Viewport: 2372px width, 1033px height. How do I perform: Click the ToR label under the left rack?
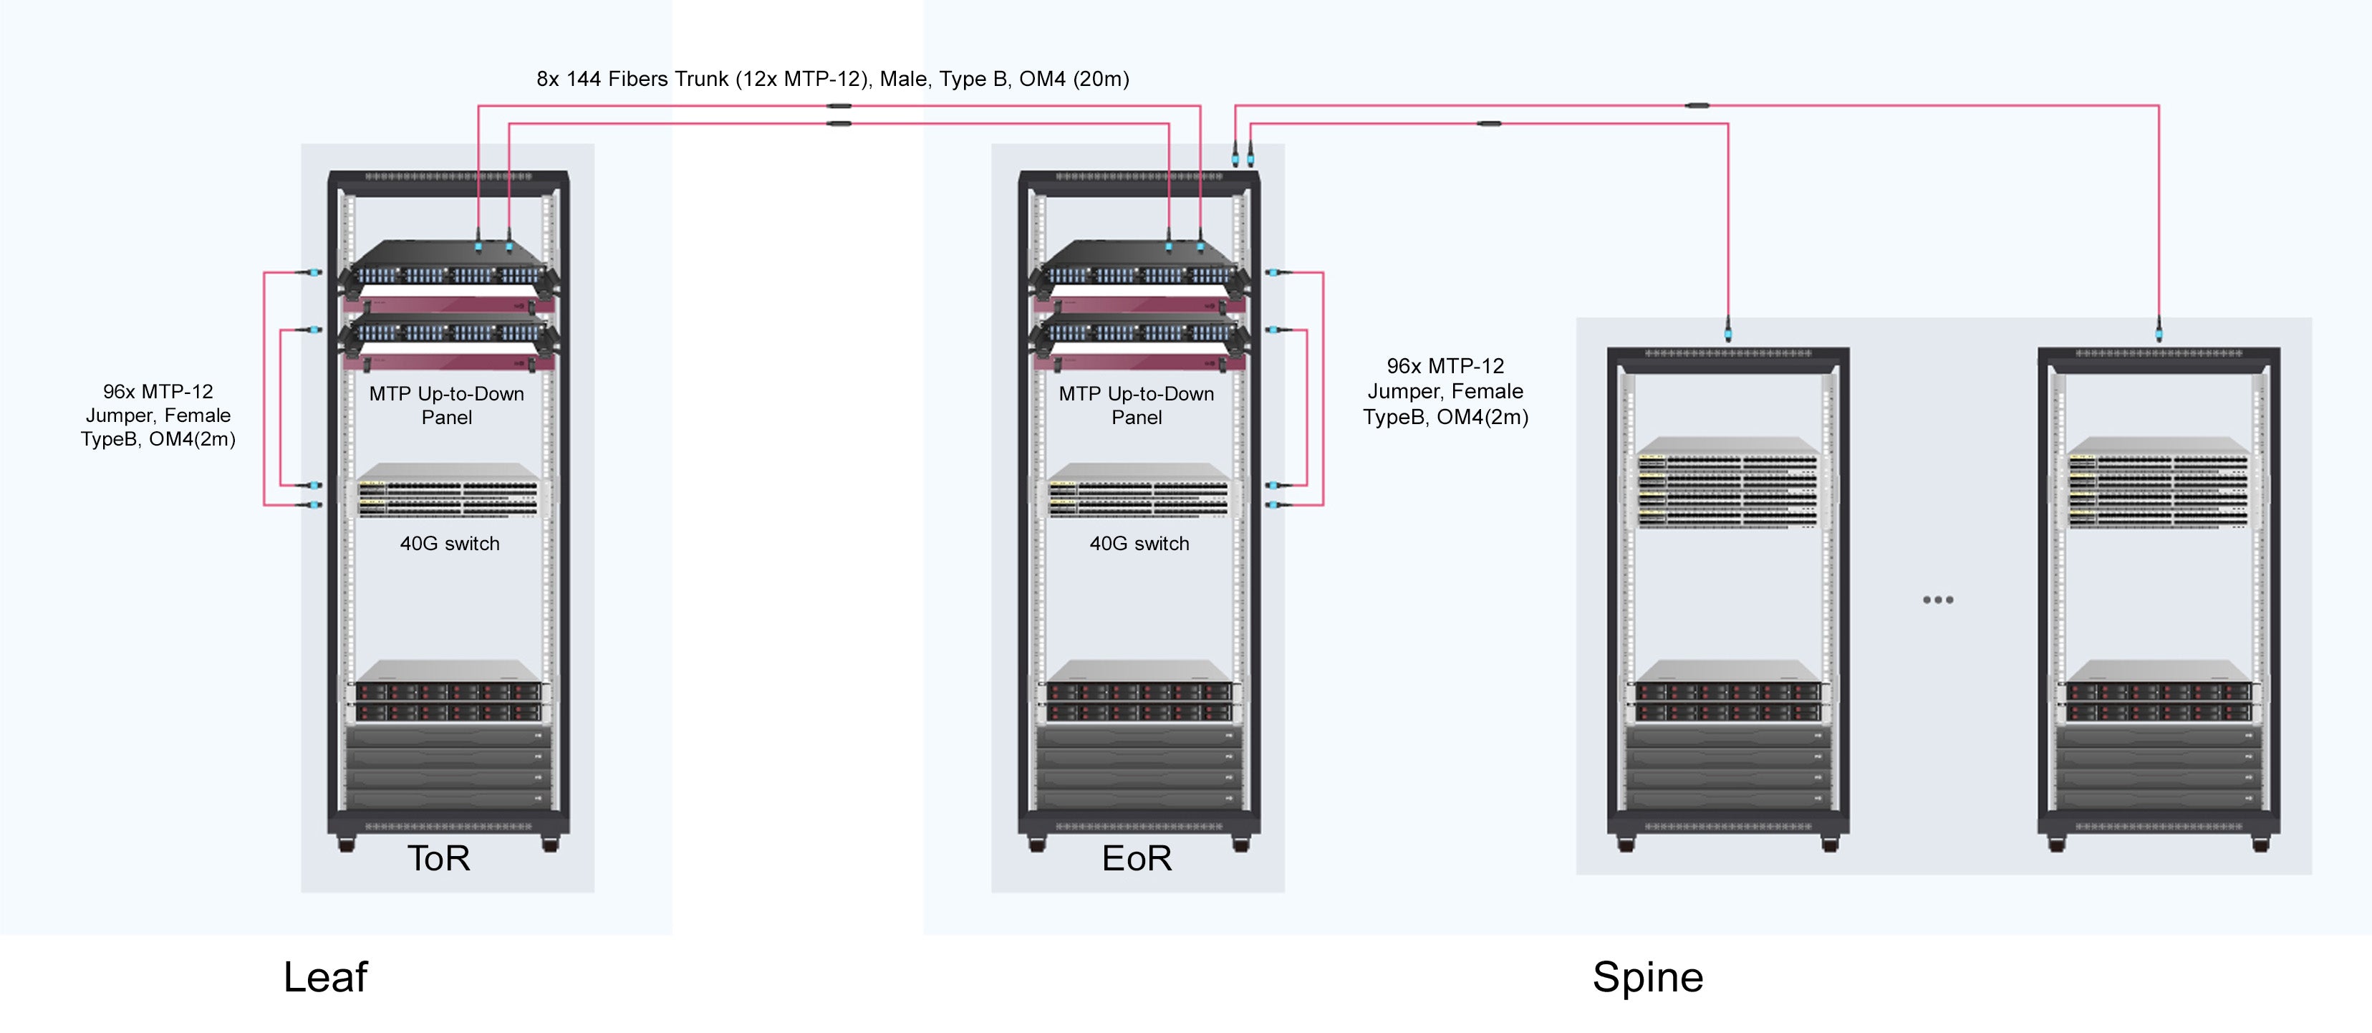[438, 858]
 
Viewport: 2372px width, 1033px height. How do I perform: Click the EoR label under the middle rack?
[1137, 858]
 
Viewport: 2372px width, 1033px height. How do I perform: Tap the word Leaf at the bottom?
[325, 977]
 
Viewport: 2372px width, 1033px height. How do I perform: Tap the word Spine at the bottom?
[1647, 977]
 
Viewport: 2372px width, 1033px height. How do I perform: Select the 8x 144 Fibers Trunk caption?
[832, 80]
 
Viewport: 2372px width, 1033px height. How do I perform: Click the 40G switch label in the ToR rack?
[449, 543]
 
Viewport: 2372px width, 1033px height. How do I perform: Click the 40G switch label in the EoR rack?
[1139, 543]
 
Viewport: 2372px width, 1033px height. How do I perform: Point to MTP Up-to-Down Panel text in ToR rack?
[447, 405]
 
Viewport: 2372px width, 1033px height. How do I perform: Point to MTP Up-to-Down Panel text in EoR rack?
[1137, 405]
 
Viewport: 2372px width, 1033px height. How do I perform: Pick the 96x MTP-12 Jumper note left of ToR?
[158, 415]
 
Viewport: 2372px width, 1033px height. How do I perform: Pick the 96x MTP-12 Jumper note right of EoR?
[1445, 391]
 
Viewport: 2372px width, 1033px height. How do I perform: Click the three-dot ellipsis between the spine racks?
[1937, 600]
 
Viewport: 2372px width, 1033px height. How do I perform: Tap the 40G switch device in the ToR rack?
[448, 495]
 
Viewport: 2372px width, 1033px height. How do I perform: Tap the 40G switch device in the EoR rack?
[1138, 495]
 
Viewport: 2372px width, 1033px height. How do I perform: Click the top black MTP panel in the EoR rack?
[1138, 267]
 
